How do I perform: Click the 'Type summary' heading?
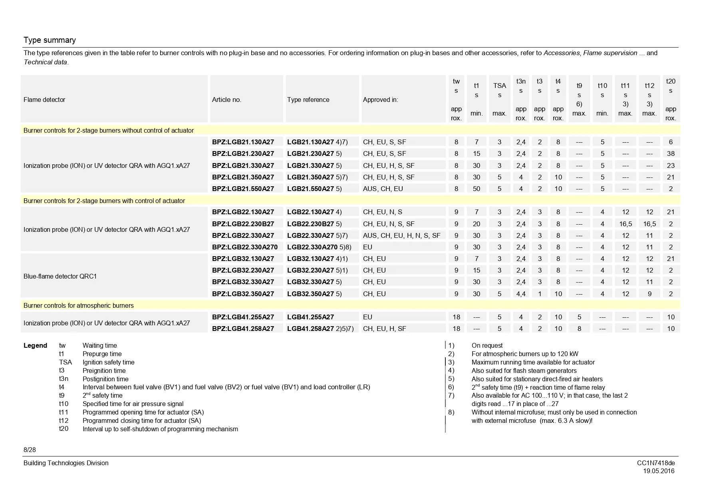50,40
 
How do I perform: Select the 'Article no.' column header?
226,100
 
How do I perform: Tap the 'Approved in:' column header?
380,100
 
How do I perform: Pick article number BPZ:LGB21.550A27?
243,189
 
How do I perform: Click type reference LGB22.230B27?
310,224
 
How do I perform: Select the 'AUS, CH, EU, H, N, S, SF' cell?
401,235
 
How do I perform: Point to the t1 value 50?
477,189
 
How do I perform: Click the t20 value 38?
671,153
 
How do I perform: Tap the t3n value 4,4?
521,294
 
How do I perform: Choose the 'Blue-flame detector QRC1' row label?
60,276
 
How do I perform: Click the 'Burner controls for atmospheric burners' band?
79,305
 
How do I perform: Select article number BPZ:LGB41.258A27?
243,329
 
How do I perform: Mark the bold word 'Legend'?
35,345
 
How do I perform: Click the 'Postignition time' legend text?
105,379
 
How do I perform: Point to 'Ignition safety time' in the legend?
108,362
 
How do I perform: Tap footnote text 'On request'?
487,345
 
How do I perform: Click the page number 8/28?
30,450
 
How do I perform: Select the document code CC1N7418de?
655,463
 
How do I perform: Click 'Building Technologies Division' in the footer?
66,463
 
